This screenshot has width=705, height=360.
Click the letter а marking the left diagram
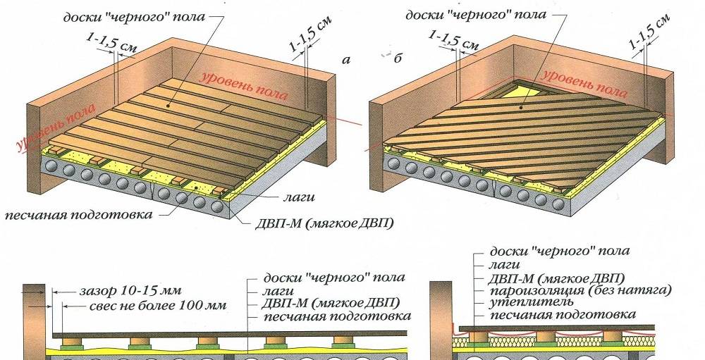click(x=345, y=61)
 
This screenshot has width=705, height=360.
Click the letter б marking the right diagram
click(x=398, y=59)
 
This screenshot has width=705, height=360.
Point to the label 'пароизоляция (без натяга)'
click(x=580, y=290)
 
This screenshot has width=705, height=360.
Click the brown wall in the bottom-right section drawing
click(x=441, y=310)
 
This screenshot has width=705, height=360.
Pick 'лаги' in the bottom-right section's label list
click(x=505, y=264)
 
